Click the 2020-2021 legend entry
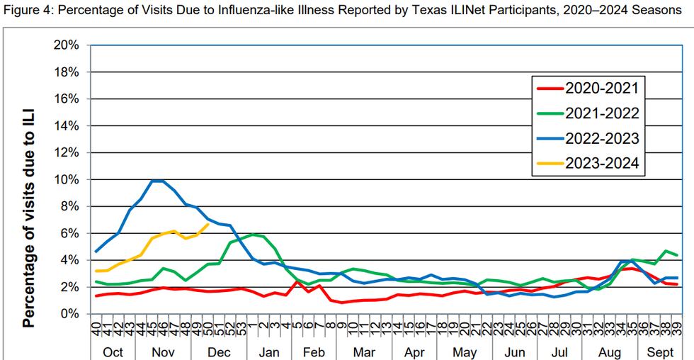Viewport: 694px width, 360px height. coord(601,89)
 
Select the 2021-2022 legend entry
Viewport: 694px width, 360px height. coord(601,113)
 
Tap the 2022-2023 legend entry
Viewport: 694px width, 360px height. coord(601,138)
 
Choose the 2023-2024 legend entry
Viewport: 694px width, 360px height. coord(601,163)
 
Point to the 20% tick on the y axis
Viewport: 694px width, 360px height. coord(69,45)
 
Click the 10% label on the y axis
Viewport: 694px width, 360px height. coord(69,179)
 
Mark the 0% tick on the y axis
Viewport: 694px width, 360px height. coord(72,314)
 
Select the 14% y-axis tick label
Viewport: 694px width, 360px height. coord(69,126)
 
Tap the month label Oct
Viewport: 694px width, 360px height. coord(113,352)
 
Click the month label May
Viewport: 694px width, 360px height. coord(464,352)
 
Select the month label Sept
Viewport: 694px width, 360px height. coord(659,352)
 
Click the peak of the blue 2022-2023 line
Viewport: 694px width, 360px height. coord(157,181)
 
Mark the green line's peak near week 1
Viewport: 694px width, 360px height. coord(253,234)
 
